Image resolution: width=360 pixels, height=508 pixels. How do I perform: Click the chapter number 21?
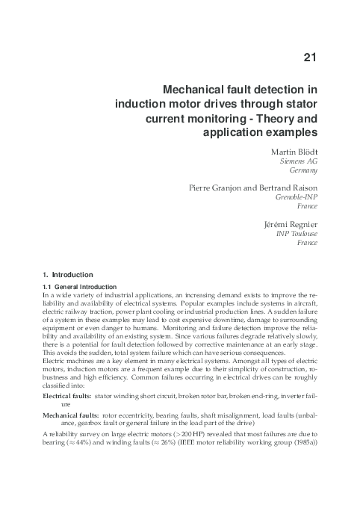click(311, 57)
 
